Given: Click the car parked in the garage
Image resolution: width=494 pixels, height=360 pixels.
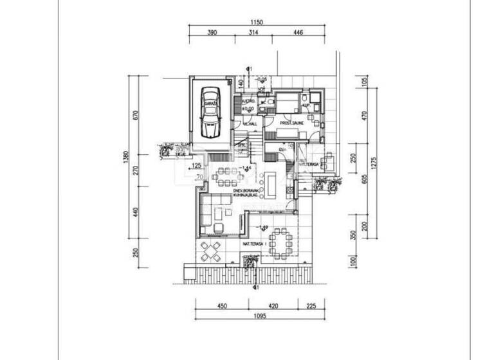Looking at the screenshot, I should pyautogui.click(x=208, y=114).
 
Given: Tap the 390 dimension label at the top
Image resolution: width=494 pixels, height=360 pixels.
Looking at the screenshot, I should pyautogui.click(x=212, y=33).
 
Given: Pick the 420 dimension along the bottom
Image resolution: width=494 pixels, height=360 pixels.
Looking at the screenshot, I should pyautogui.click(x=273, y=306).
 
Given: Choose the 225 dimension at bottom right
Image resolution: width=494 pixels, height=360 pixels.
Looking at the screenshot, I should pyautogui.click(x=311, y=306).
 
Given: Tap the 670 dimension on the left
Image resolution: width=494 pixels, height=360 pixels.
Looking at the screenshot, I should pyautogui.click(x=136, y=116).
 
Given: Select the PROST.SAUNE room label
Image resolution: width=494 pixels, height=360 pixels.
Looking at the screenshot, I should pyautogui.click(x=291, y=123).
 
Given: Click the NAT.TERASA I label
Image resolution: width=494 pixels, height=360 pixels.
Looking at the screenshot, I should pyautogui.click(x=255, y=244).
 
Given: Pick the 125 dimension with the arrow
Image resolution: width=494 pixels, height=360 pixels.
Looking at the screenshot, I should pyautogui.click(x=196, y=166).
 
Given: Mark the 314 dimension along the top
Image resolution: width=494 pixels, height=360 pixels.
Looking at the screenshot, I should pyautogui.click(x=253, y=33).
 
